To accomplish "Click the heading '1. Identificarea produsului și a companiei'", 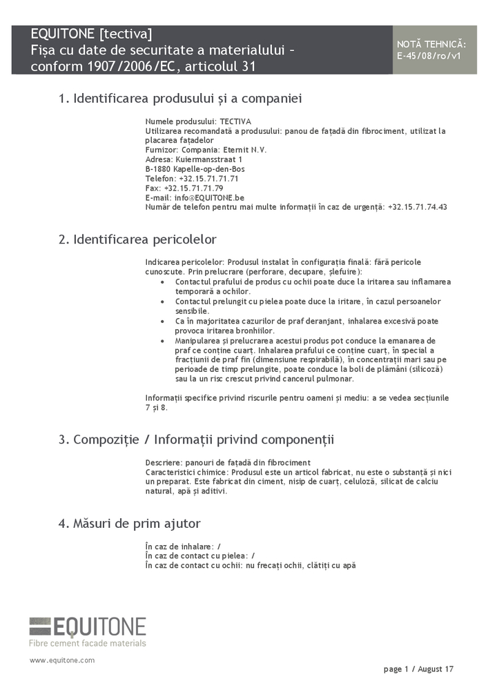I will click(x=180, y=99).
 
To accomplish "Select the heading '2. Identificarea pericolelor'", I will click(x=137, y=239).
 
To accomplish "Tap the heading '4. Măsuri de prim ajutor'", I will click(x=129, y=524).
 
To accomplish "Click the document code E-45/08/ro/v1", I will click(x=429, y=55).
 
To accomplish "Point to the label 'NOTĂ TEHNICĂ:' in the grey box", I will click(x=431, y=44).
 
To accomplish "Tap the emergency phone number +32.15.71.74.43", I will click(x=418, y=207).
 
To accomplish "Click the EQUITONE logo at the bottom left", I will click(x=88, y=627).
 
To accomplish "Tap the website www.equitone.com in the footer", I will click(x=62, y=660).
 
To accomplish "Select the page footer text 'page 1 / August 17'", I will click(x=418, y=669).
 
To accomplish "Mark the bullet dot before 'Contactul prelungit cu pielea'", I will click(x=162, y=302).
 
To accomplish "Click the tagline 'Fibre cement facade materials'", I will click(x=88, y=643).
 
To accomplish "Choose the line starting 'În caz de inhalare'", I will click(x=183, y=546).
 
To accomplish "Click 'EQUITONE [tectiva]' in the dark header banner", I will click(x=92, y=34).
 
